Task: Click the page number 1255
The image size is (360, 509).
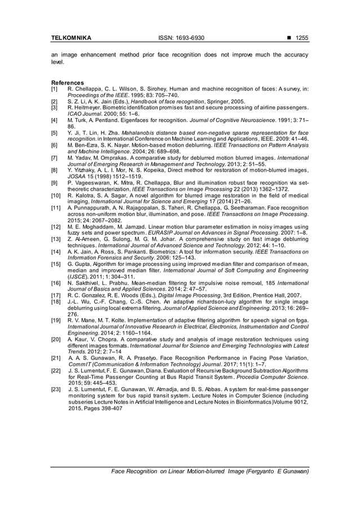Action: pyautogui.click(x=301, y=38)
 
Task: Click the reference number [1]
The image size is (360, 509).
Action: pyautogui.click(x=54, y=89)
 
